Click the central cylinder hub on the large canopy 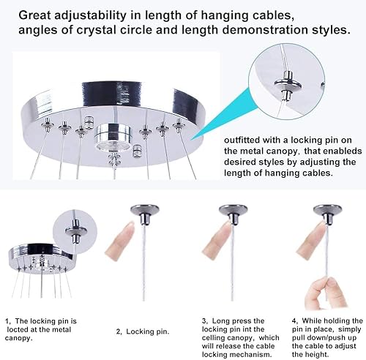point(113,135)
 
